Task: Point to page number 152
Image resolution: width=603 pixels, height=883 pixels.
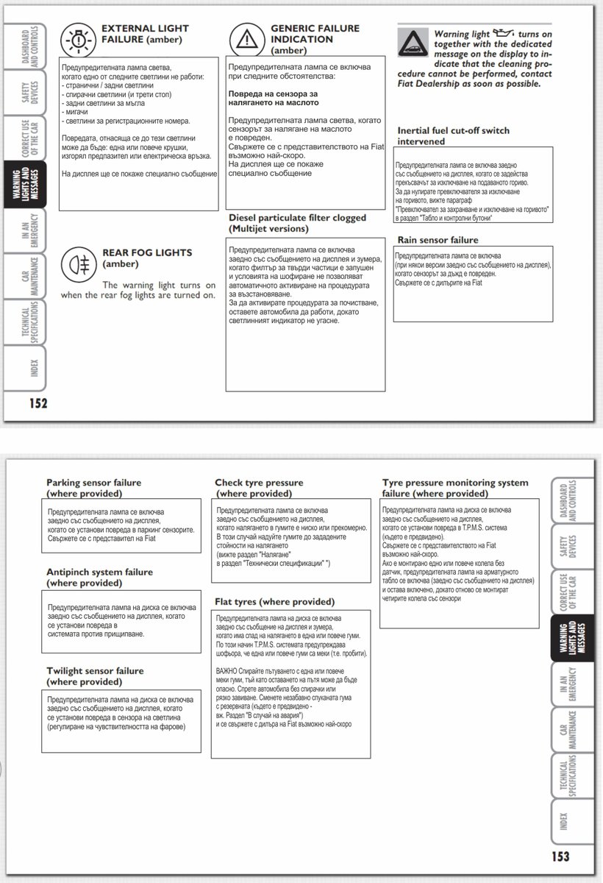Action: click(x=38, y=403)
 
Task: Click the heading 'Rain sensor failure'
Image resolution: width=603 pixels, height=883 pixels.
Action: click(x=438, y=240)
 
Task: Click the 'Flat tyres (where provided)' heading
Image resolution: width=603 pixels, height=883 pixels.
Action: click(x=274, y=602)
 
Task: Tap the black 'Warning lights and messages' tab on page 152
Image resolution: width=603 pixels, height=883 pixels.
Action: click(x=24, y=184)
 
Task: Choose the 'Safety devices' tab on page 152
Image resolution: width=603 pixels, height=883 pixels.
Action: click(x=24, y=93)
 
